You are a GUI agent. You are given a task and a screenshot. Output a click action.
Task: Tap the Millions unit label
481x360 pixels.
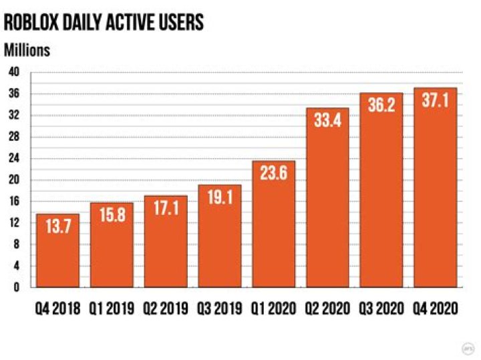27,50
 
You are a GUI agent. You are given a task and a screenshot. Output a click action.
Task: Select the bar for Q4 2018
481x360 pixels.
57,250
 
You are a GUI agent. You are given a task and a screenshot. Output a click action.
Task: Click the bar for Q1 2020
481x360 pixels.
274,224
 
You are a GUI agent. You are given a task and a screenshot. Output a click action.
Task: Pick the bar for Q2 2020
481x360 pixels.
327,198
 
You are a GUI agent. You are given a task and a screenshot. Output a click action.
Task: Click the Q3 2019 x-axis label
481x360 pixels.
220,309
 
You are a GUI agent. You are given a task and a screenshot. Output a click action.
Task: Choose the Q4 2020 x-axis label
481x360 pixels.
435,309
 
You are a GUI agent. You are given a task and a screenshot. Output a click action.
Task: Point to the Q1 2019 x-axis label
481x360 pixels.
112,309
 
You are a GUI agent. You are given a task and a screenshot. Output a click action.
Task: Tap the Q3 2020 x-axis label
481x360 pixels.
381,309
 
